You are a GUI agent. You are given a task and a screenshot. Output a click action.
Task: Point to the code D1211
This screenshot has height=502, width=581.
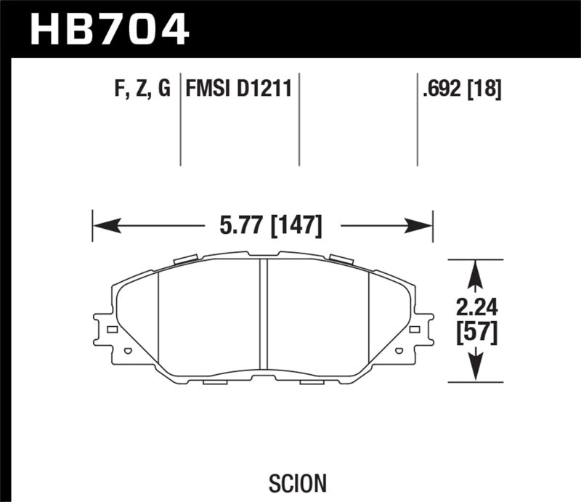(x=265, y=89)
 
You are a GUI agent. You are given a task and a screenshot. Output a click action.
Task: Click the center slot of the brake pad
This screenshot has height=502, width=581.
(x=264, y=318)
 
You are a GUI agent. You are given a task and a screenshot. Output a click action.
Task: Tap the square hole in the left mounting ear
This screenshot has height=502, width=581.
(x=112, y=330)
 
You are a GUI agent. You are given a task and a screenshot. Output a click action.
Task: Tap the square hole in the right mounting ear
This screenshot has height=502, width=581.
(x=415, y=330)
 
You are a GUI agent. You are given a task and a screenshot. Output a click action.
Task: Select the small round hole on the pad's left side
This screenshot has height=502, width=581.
(x=128, y=352)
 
